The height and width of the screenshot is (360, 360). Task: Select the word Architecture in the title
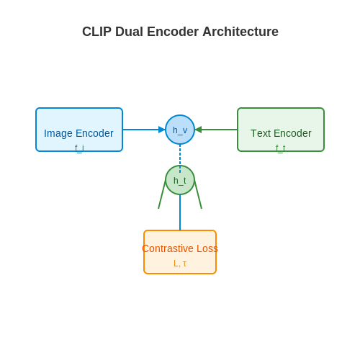click(x=240, y=32)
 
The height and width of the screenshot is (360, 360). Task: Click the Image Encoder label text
click(x=78, y=133)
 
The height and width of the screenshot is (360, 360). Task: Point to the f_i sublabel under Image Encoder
click(x=79, y=148)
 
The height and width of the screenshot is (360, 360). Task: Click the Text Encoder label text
click(x=281, y=133)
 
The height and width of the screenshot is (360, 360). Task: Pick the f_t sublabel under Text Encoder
click(x=281, y=148)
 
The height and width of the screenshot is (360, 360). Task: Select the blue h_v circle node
click(x=180, y=130)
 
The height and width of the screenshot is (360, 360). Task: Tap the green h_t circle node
click(x=180, y=180)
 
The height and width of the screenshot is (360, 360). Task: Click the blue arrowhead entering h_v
click(x=162, y=130)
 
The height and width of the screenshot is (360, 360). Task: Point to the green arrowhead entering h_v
click(x=198, y=130)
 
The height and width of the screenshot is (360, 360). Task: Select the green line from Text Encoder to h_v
click(x=216, y=130)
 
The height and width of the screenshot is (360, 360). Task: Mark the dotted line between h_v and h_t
click(x=180, y=158)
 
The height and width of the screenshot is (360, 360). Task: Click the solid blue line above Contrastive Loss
click(x=180, y=212)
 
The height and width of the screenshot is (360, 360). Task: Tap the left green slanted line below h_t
click(x=162, y=194)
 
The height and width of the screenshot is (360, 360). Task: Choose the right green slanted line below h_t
click(x=198, y=194)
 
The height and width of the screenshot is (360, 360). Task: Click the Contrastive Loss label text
click(x=180, y=248)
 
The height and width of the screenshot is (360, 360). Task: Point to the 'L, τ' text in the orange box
click(x=180, y=264)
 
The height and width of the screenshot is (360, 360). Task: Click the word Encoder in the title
click(x=173, y=32)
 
